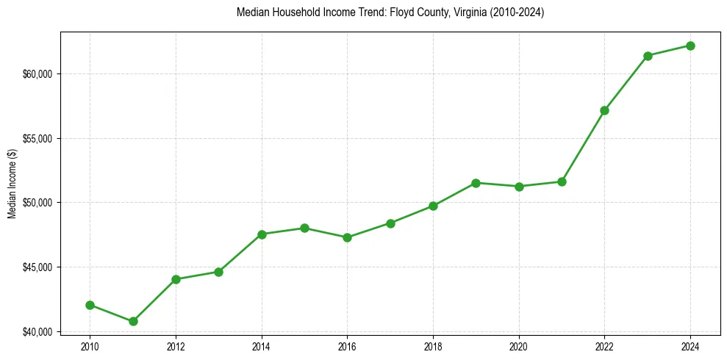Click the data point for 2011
(x=133, y=321)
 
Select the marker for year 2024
(x=690, y=46)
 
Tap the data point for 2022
(x=604, y=110)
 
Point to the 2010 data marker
(x=90, y=305)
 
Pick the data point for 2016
(x=347, y=237)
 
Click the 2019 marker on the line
(x=476, y=183)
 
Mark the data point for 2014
(x=262, y=234)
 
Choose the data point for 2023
(x=648, y=56)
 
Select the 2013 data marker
(x=218, y=272)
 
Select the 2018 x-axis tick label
(x=433, y=345)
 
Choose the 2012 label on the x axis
(x=176, y=345)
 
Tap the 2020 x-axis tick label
(x=519, y=345)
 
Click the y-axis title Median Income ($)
(x=12, y=184)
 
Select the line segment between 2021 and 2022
(x=583, y=145)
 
